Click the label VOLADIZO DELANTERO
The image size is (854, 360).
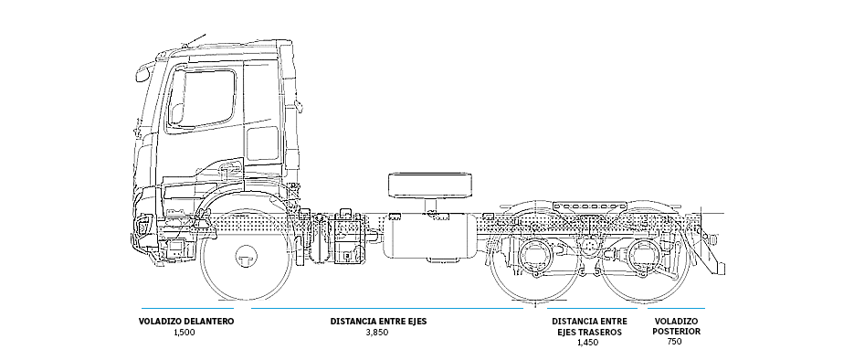186,322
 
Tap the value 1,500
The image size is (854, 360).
184,333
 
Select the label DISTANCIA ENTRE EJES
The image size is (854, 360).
378,322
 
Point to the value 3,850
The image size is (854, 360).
377,333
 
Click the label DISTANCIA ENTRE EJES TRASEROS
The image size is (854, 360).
589,326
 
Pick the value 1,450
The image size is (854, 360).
589,343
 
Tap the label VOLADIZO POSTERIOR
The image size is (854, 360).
676,326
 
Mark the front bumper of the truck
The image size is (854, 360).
146,239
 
